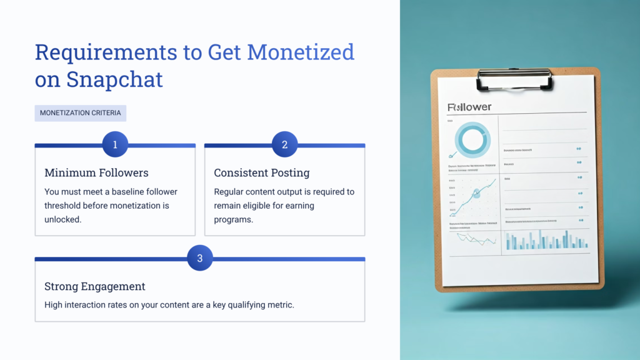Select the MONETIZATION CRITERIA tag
81,113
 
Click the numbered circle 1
115,144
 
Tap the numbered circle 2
285,144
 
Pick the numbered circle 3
200,258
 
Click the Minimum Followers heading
96,172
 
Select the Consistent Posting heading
262,172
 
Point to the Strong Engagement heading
95,286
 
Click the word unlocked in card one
63,219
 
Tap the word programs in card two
233,219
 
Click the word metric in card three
279,304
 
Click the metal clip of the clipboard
514,79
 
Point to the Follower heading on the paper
470,107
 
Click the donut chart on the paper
472,139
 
